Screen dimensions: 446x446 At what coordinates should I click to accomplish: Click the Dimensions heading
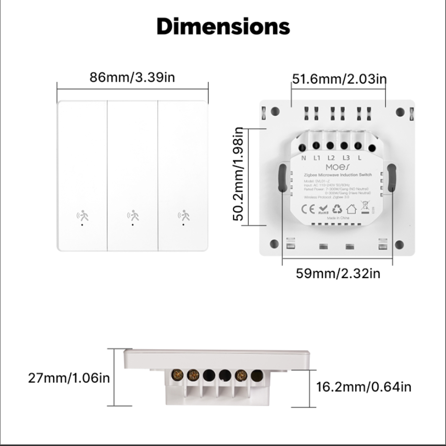tap(223, 27)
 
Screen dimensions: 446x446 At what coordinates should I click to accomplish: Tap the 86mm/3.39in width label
tap(132, 77)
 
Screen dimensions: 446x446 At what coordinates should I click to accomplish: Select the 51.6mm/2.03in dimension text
tap(339, 79)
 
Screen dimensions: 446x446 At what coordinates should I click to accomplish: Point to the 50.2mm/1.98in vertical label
tap(239, 174)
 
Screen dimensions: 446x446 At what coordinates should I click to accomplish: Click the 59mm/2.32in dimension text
tap(338, 273)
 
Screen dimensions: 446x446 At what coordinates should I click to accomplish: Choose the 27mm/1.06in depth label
tap(69, 378)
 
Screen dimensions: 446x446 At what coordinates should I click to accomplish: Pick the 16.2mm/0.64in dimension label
tap(363, 387)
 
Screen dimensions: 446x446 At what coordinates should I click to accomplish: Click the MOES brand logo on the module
tap(338, 167)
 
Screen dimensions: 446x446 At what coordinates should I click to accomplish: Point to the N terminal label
tap(304, 158)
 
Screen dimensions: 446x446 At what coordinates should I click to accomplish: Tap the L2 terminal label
tap(331, 158)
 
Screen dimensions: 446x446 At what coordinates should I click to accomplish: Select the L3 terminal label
tap(346, 158)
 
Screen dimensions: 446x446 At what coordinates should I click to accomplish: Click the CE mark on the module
tap(308, 209)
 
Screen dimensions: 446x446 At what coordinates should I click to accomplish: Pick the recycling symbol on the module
tap(337, 209)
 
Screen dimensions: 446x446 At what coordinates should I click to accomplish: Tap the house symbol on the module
tap(351, 209)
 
